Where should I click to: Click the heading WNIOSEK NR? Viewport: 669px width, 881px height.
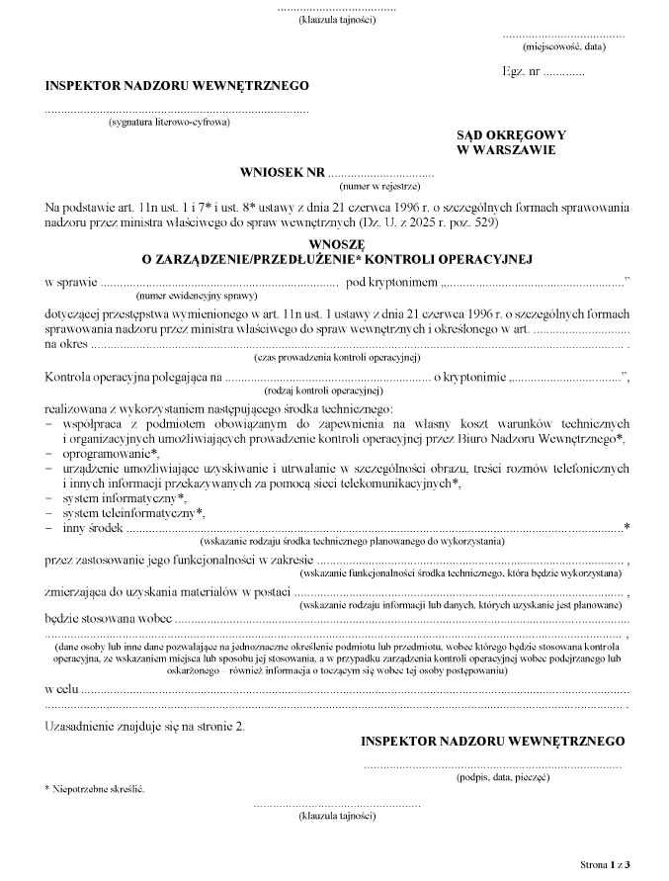pyautogui.click(x=282, y=172)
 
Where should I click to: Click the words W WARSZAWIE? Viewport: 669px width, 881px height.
pyautogui.click(x=505, y=150)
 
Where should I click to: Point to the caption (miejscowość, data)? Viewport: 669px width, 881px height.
pyautogui.click(x=564, y=46)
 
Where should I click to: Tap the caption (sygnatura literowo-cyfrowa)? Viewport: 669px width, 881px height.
pyautogui.click(x=170, y=123)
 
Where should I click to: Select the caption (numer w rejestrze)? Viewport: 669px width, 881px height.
pyautogui.click(x=379, y=186)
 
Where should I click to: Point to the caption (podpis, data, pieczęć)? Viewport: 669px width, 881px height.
pyautogui.click(x=503, y=778)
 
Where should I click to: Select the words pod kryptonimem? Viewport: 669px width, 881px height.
pyautogui.click(x=390, y=283)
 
